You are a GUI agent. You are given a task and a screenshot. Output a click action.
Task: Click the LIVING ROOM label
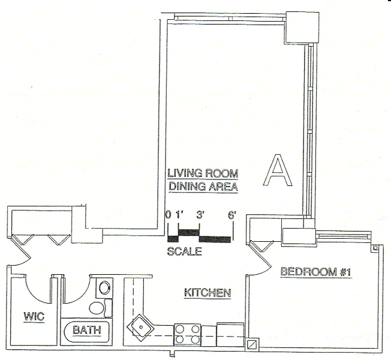pos(203,173)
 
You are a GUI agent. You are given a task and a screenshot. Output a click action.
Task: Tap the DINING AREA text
pos(203,187)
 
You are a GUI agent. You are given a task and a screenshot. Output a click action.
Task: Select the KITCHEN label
pos(207,292)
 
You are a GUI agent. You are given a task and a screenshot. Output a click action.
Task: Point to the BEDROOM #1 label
pos(316,272)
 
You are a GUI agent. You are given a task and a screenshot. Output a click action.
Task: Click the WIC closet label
pos(34,317)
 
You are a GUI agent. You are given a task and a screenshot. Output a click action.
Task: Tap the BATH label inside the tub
pos(87,330)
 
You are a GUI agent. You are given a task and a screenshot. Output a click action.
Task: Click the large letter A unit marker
pos(278,170)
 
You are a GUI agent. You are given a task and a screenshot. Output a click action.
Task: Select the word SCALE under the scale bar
pos(184,251)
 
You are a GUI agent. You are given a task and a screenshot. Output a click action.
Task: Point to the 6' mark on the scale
pos(232,215)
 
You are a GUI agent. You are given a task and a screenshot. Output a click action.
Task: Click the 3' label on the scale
pos(200,215)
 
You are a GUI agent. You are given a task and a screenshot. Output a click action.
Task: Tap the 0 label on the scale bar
pos(169,215)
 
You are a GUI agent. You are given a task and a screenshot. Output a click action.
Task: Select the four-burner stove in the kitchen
pos(188,335)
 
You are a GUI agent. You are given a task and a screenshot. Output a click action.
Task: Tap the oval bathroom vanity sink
pos(104,288)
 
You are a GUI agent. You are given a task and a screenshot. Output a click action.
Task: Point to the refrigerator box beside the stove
pos(230,335)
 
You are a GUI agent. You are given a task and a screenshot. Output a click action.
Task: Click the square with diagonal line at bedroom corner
pos(253,345)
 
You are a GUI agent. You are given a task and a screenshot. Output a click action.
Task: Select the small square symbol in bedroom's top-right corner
pos(375,248)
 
